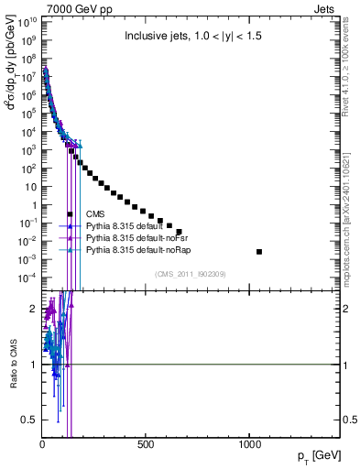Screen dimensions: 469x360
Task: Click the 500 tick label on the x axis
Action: pos(145,445)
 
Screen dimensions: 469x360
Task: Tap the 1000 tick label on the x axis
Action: pos(250,445)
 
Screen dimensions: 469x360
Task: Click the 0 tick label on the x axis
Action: pos(42,445)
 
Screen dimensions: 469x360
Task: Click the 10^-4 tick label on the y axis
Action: pos(27,277)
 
